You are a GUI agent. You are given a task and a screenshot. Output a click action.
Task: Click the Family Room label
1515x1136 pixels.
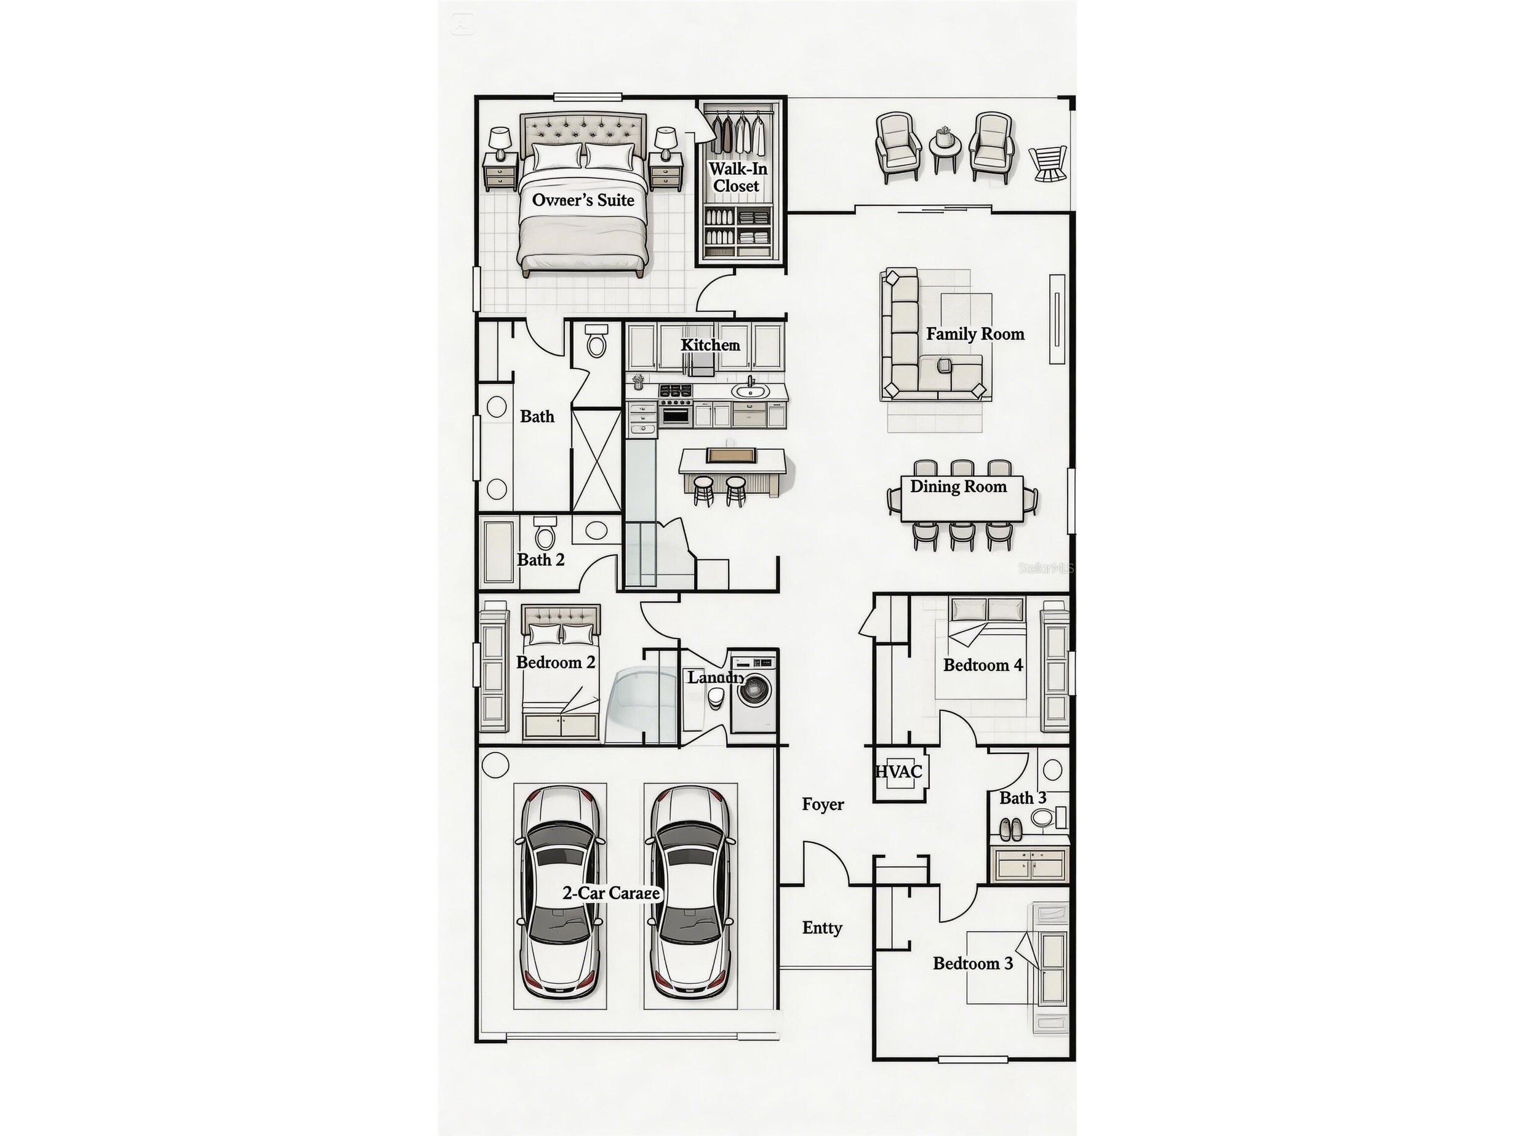[975, 334]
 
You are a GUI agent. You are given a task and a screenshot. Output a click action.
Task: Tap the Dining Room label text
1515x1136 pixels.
[957, 487]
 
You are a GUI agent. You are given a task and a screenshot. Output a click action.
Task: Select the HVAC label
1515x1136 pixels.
[898, 772]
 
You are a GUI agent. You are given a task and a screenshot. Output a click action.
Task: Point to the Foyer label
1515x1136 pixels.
[823, 804]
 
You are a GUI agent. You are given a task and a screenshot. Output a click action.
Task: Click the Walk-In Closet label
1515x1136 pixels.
[737, 177]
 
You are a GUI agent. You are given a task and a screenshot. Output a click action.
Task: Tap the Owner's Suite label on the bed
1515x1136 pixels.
[583, 201]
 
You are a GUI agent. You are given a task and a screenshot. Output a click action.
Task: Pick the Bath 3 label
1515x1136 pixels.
[1022, 798]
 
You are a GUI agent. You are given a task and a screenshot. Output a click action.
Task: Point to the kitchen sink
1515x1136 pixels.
[750, 392]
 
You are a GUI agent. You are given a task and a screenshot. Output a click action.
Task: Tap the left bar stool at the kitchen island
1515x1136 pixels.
[703, 489]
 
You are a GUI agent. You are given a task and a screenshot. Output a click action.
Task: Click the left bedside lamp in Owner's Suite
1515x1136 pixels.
[499, 141]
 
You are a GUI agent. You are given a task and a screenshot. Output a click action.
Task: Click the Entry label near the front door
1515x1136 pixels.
[822, 928]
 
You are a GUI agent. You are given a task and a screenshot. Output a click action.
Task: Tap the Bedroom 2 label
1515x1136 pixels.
[556, 663]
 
